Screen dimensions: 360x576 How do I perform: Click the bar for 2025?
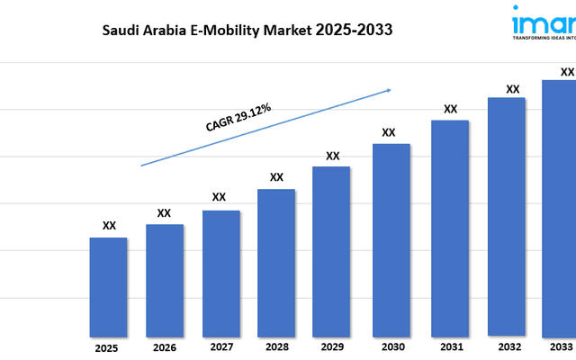[108, 286]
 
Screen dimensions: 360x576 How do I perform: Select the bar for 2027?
[220, 273]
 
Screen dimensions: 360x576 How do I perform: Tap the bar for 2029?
[331, 250]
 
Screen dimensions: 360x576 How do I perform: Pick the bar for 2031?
[450, 227]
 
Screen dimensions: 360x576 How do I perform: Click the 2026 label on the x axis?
[164, 346]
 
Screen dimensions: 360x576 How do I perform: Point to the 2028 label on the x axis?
[276, 346]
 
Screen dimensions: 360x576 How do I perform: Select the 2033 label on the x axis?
[560, 346]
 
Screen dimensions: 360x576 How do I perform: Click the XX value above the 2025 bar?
[109, 226]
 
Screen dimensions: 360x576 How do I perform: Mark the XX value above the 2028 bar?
[276, 176]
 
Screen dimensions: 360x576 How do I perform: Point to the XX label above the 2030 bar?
[389, 132]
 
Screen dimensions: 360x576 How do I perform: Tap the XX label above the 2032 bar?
[513, 88]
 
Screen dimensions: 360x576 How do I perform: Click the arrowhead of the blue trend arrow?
[389, 89]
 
